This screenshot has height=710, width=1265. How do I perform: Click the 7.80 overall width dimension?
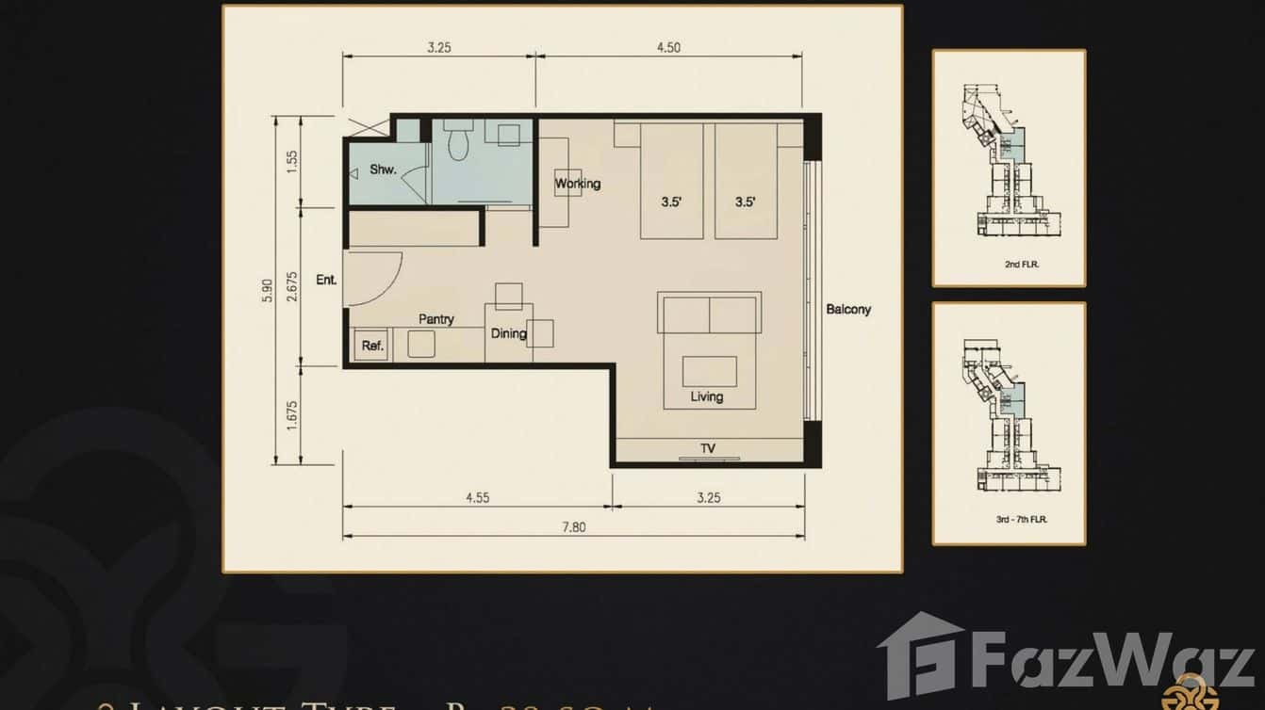point(573,527)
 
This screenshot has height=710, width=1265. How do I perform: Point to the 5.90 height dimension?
point(269,290)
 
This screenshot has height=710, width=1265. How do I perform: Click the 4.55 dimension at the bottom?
point(477,498)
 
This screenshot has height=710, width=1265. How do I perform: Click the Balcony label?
point(848,309)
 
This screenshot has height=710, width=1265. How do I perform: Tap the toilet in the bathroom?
point(459,142)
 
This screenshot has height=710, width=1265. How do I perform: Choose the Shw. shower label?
point(383,170)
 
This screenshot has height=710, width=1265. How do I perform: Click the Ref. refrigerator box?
point(372,346)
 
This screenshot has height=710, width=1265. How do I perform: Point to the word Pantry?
point(436,319)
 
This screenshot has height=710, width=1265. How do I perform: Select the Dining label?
point(508,333)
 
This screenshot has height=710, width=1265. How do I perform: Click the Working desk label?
point(577,184)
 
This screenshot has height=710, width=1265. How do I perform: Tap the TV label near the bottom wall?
point(708,448)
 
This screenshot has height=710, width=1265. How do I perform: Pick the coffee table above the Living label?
point(710,370)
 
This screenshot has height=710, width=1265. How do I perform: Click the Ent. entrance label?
point(327,280)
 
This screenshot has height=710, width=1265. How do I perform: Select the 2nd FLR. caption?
point(1009,266)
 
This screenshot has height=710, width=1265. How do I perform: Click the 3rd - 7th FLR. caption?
point(1009,520)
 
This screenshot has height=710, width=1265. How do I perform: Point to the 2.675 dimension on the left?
point(292,285)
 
